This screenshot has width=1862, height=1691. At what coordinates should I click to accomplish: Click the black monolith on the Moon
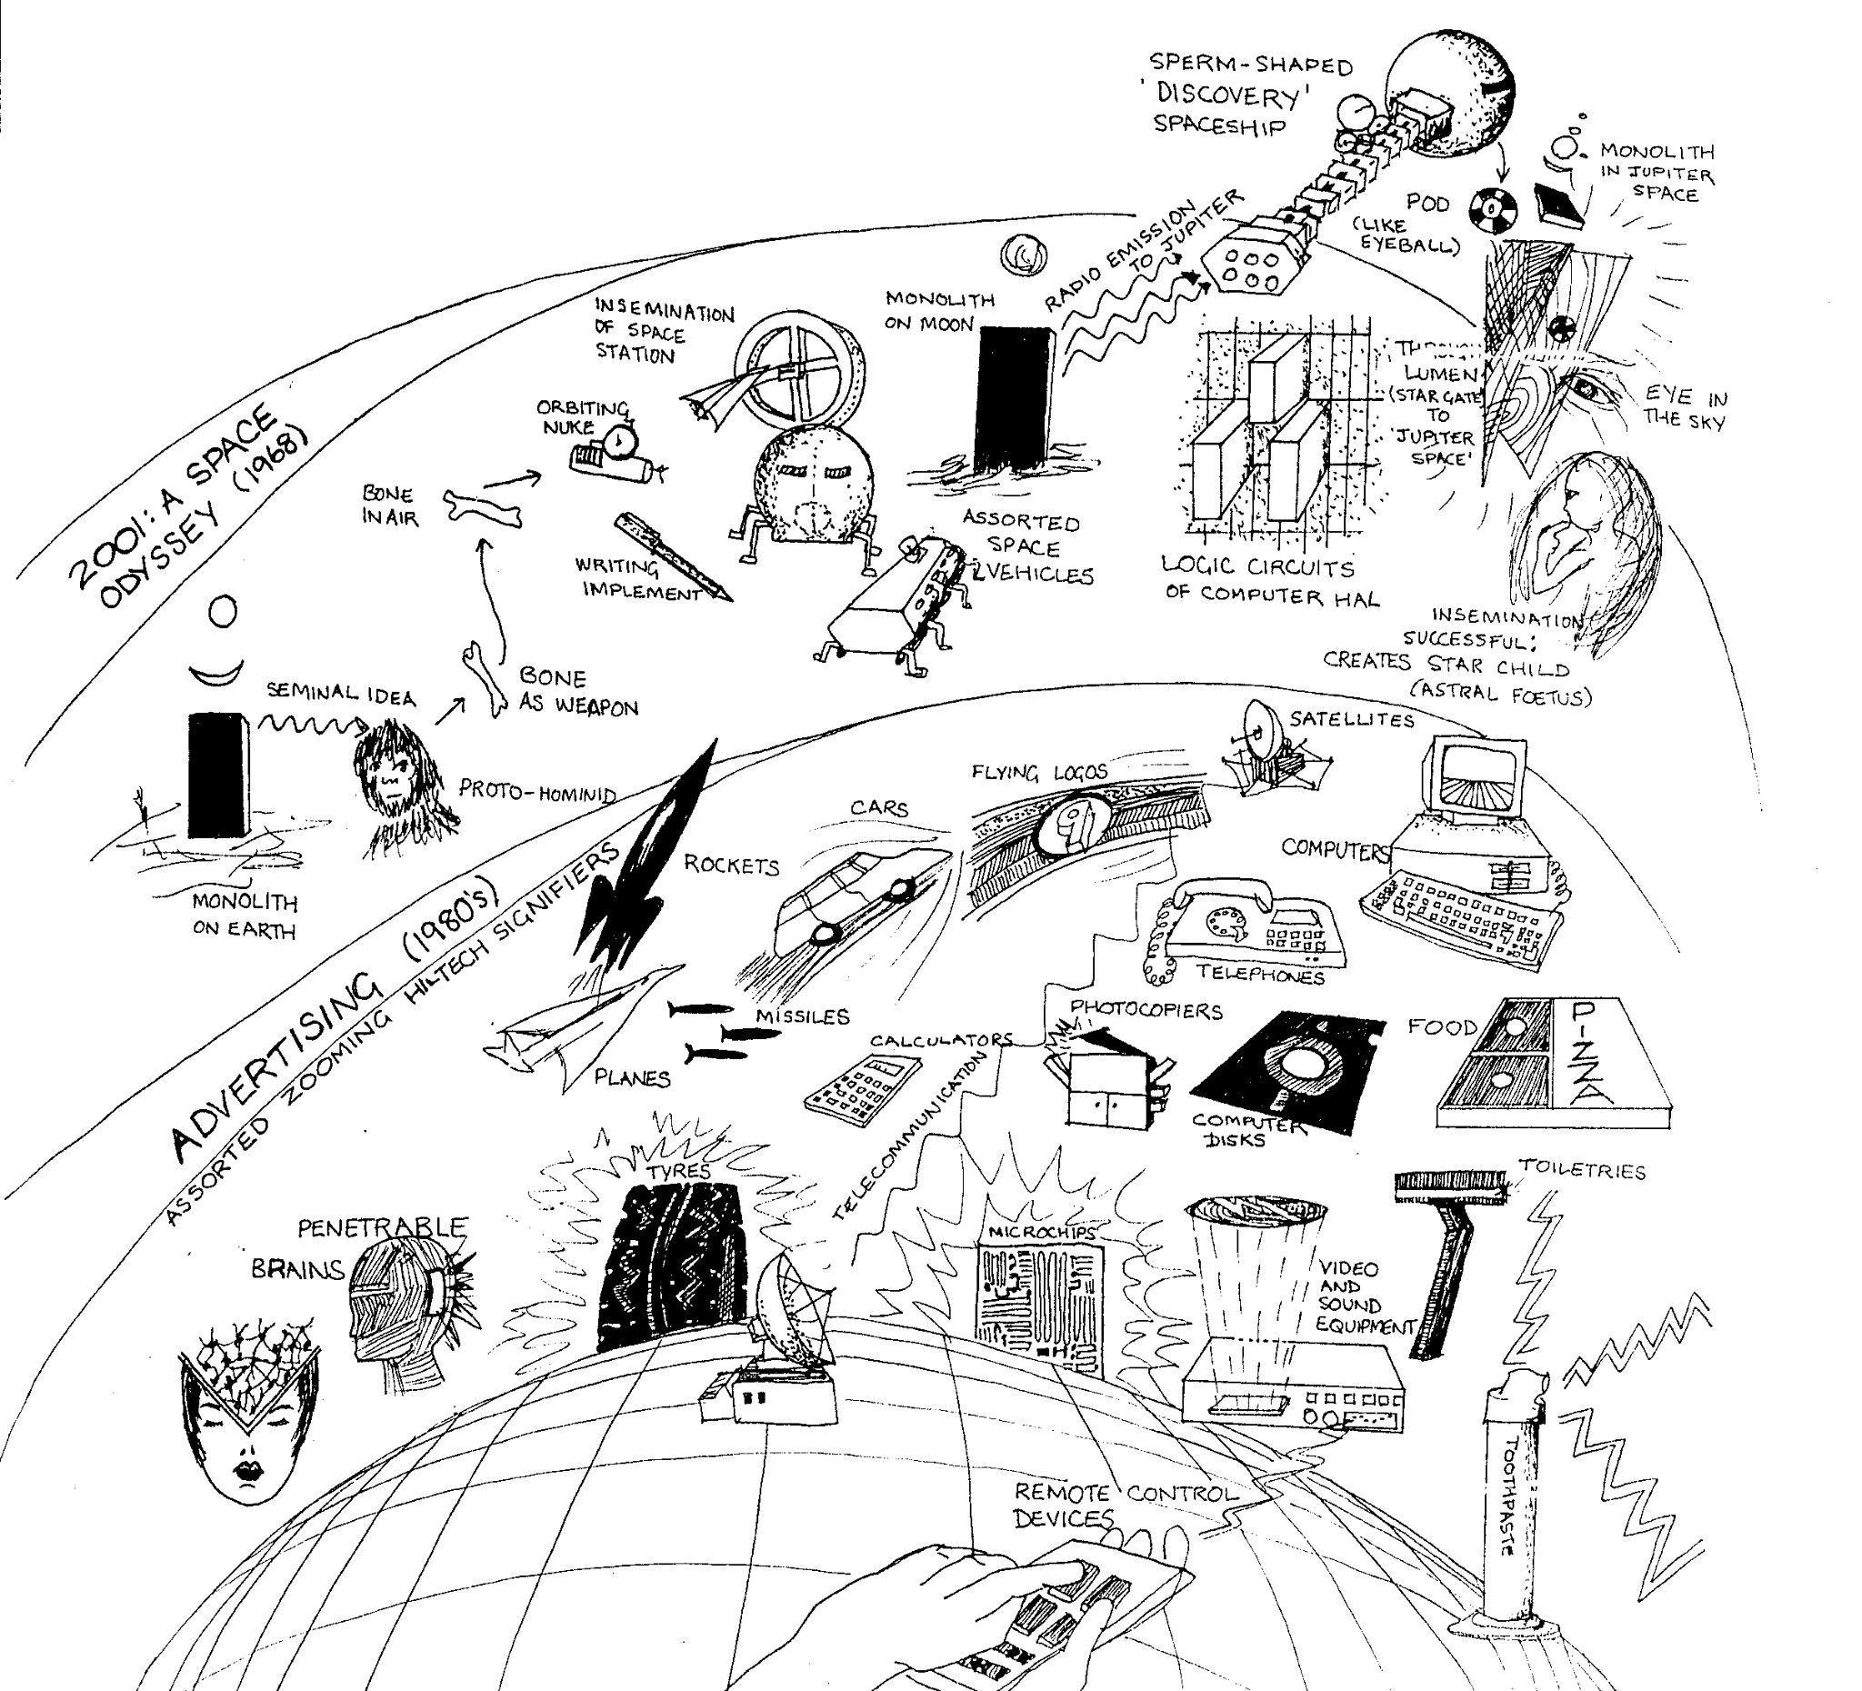(x=1014, y=398)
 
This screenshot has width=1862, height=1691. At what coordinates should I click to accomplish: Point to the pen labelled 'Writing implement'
(x=673, y=555)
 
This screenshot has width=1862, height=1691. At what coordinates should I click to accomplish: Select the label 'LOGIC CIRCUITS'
(x=1257, y=566)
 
